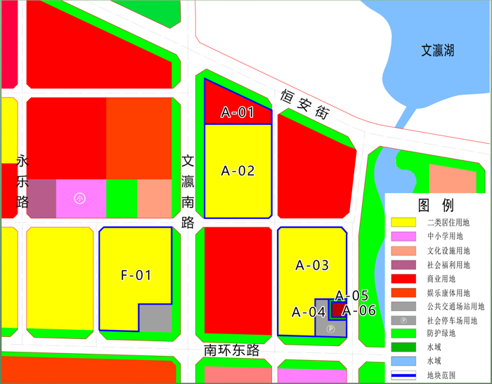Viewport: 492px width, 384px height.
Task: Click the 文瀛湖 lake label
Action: tap(437, 51)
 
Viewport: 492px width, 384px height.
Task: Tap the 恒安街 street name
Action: tap(304, 104)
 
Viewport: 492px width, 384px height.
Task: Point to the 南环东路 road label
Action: tap(232, 350)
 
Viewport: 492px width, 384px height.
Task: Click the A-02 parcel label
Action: tap(238, 171)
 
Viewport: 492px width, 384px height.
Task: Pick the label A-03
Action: tap(312, 265)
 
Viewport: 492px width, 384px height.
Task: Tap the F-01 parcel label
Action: tap(136, 275)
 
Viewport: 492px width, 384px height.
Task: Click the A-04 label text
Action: tap(308, 312)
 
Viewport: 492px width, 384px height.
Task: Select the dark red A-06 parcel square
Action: tap(338, 310)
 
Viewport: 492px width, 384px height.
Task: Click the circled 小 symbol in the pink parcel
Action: tap(80, 199)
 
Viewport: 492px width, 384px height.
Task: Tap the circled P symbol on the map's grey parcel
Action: tap(331, 328)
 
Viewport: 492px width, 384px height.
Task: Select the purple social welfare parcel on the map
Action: tap(41, 198)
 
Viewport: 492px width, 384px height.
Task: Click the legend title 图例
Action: tap(436, 206)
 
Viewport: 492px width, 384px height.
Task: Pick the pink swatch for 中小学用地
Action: tap(403, 237)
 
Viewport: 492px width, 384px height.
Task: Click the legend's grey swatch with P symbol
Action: tap(403, 320)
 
